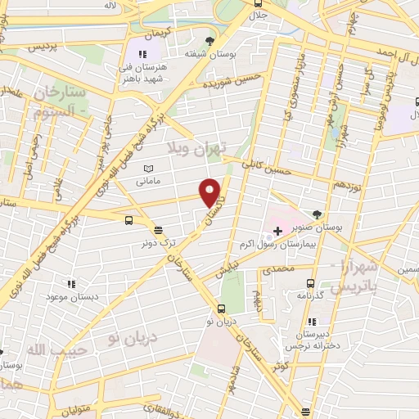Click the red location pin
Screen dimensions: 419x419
(211, 192)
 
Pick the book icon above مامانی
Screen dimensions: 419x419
(148, 169)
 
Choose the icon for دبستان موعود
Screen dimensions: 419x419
(72, 283)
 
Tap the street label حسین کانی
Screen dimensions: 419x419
(292, 169)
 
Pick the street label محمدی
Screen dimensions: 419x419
(278, 268)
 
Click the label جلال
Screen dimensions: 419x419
(259, 15)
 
